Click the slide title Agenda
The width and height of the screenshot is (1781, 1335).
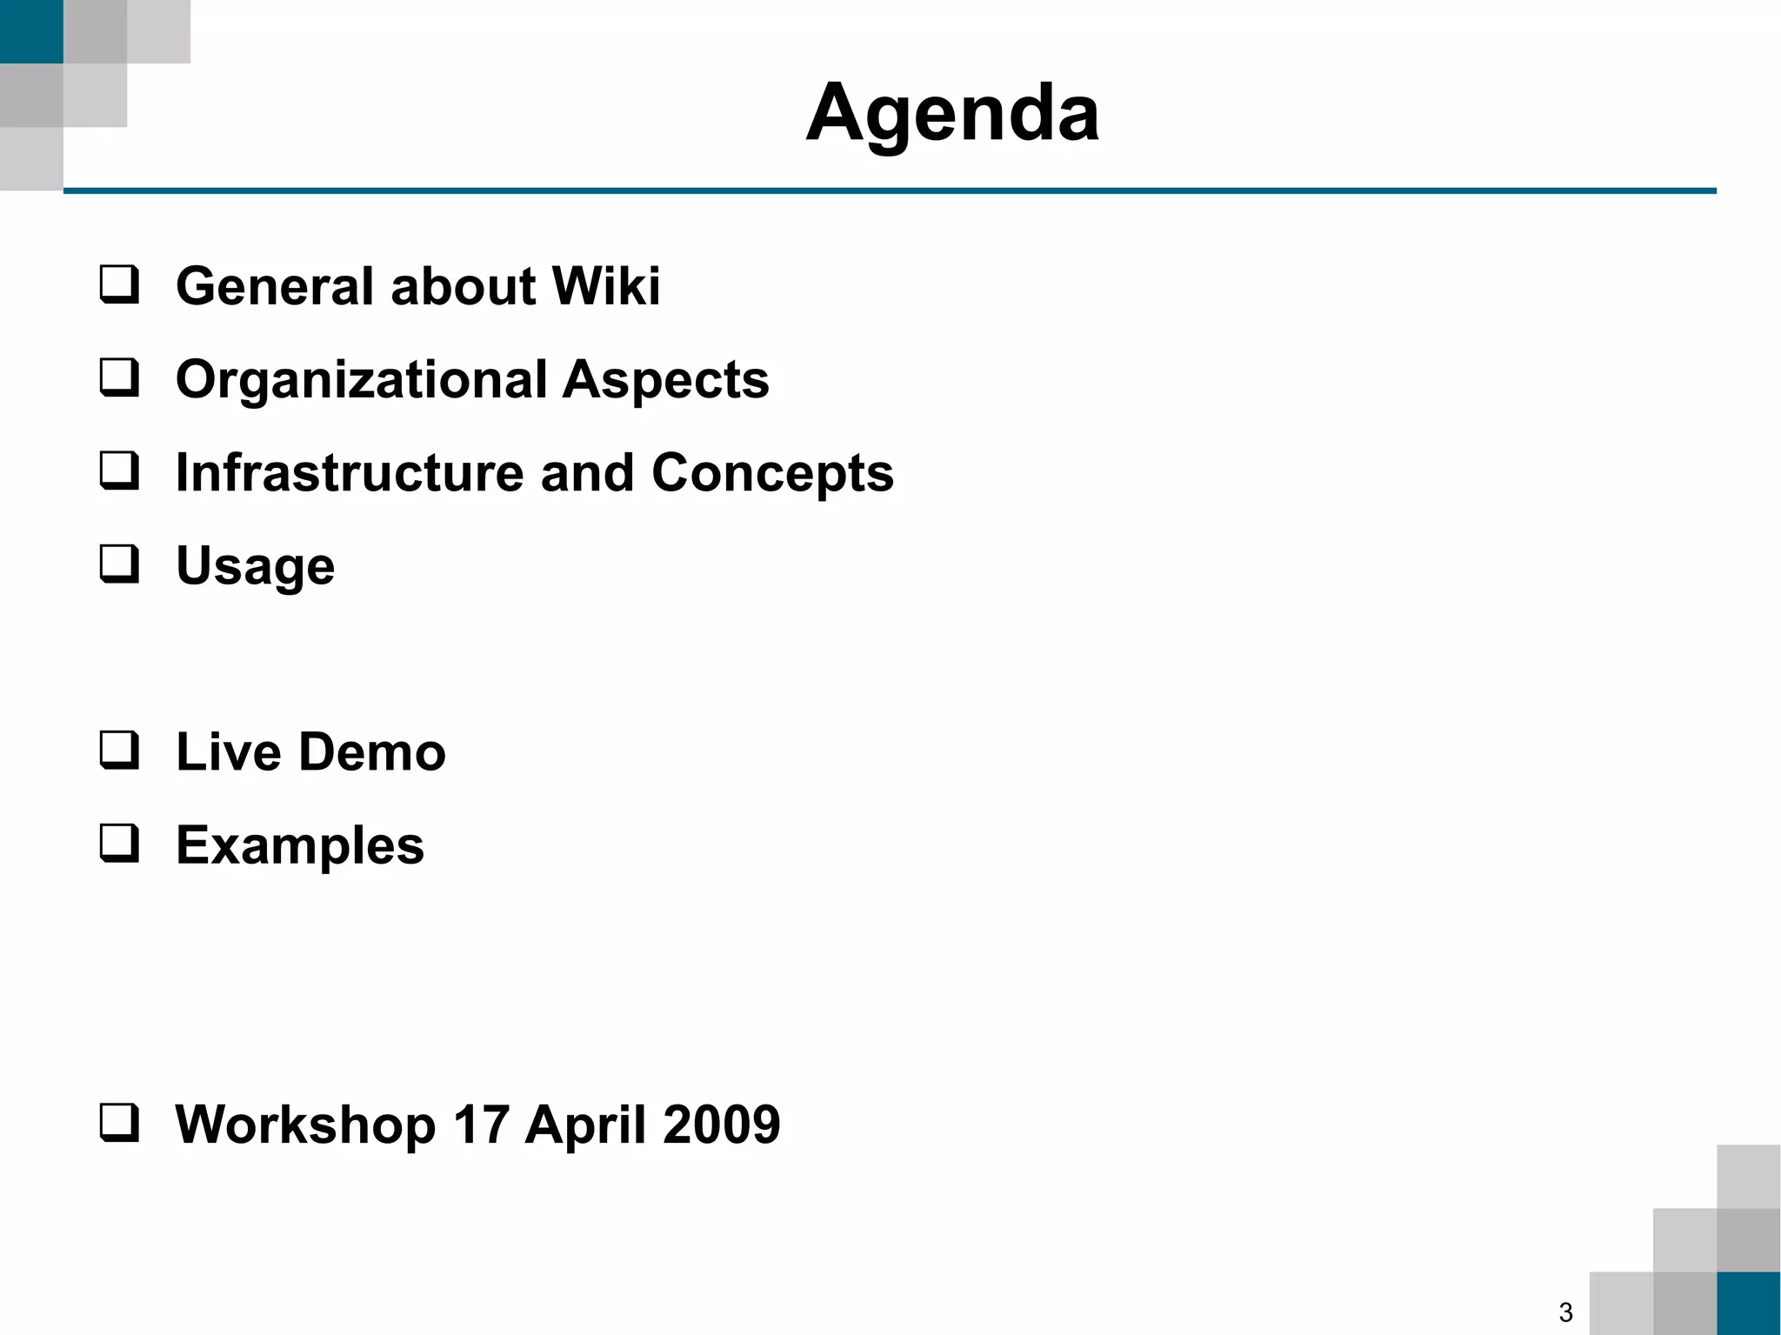952,113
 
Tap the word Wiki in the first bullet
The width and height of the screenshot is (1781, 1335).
605,286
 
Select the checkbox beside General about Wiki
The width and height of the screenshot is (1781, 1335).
119,285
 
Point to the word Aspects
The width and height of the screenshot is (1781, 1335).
665,380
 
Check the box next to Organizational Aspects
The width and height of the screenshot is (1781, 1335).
119,378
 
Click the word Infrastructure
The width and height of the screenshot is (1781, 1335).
349,473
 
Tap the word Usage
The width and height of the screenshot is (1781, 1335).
255,567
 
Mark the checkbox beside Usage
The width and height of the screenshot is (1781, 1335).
119,564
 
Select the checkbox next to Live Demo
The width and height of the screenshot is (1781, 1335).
119,751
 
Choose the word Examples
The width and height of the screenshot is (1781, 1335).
300,846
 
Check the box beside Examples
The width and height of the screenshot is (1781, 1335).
119,844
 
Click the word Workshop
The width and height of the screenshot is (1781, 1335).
305,1125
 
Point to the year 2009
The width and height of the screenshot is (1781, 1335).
721,1125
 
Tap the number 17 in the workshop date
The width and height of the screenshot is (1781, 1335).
480,1125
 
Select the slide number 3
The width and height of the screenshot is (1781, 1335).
1565,1312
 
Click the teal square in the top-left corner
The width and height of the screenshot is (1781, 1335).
31,31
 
